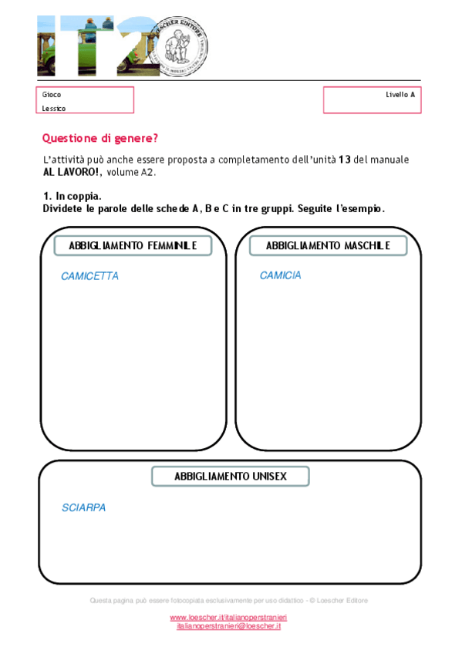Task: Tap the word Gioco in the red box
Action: [52, 95]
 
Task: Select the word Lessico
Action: [54, 109]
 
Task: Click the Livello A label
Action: [400, 95]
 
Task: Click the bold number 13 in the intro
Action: [345, 159]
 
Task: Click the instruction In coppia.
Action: [78, 197]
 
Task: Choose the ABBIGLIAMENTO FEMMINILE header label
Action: [133, 246]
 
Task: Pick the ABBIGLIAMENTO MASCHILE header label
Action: [328, 246]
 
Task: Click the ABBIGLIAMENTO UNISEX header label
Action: [231, 477]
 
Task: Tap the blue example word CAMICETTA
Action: [89, 276]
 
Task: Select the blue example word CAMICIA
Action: [280, 275]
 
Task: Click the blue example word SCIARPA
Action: [83, 508]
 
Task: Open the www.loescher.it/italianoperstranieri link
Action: [228, 618]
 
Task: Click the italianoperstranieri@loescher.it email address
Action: [228, 626]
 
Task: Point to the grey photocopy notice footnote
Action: [228, 600]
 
